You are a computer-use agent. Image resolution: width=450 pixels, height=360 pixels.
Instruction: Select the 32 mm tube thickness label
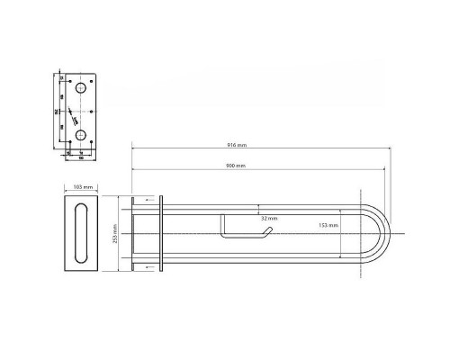click(268, 219)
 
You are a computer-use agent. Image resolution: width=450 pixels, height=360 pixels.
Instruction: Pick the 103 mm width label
click(80, 188)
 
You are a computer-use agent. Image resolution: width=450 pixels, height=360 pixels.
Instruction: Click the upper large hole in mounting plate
click(82, 90)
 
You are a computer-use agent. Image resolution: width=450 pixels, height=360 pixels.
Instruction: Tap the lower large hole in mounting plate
click(82, 135)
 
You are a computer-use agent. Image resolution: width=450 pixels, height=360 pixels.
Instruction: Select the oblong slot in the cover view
click(80, 234)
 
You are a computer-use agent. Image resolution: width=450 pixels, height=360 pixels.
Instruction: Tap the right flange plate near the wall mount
click(159, 234)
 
